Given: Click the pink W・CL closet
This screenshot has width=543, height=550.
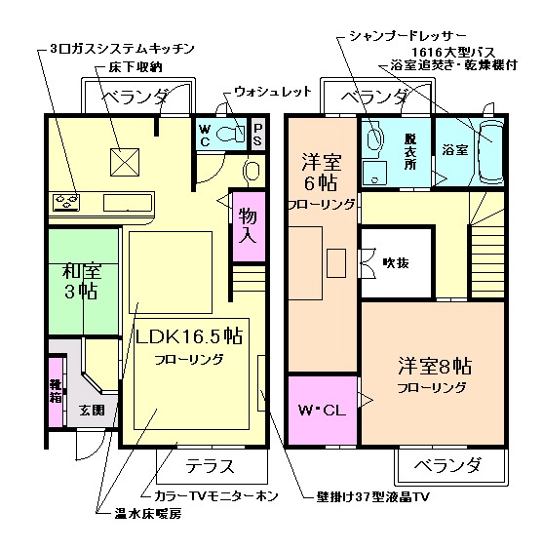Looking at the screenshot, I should (x=322, y=411).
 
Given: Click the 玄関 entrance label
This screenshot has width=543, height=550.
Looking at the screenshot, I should (x=91, y=411).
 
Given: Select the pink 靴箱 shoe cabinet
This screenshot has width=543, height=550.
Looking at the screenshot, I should (x=57, y=389).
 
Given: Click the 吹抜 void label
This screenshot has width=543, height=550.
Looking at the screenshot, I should (x=395, y=261).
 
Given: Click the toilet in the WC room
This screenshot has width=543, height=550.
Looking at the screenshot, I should (x=232, y=133).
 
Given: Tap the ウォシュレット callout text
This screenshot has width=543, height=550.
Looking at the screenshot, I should (x=272, y=92).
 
